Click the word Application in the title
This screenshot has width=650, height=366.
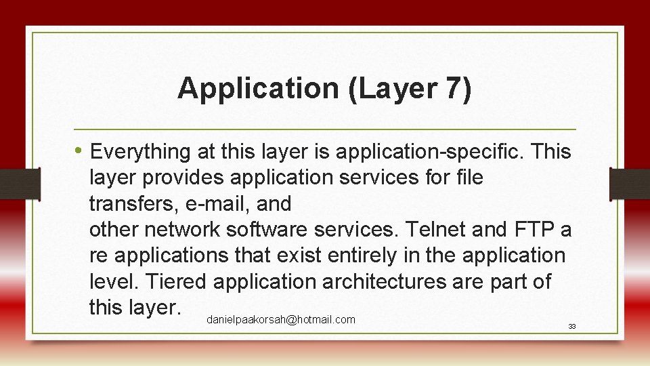[258, 89]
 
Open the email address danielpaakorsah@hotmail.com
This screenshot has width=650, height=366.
[281, 319]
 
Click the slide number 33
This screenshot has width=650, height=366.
[571, 327]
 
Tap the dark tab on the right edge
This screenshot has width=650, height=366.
[629, 184]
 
